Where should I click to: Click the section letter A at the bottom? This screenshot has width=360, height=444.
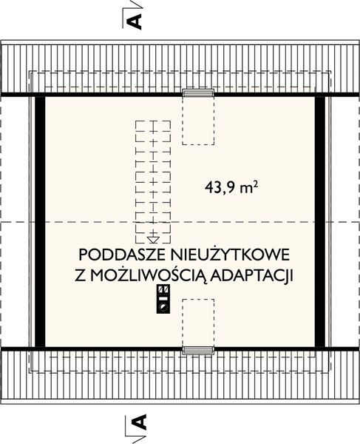(x=137, y=424)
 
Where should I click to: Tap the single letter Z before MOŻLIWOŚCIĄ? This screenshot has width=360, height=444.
(x=80, y=275)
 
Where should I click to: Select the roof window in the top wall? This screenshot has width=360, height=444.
(x=197, y=92)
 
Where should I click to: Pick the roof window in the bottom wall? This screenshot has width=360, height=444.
(x=197, y=349)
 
